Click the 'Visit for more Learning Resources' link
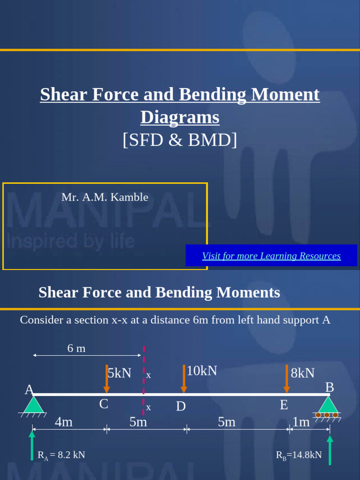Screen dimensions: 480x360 coord(271,256)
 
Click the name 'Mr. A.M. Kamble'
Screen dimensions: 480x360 coord(105,197)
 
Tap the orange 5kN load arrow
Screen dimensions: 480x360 coord(107,379)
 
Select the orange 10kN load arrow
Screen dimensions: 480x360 coord(184,379)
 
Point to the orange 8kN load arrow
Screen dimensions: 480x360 coord(286,379)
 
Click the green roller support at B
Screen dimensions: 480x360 coord(328,406)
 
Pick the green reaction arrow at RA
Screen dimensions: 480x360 coord(32,445)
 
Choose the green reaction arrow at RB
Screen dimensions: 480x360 coord(330,450)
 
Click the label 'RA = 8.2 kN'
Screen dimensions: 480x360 coord(61,455)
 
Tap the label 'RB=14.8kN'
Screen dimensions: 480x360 coord(299,455)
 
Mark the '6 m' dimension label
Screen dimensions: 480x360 coord(76,348)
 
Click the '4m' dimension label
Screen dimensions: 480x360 coord(64,422)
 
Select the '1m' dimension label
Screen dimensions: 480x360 coord(301,422)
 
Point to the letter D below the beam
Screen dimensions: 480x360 coord(181,406)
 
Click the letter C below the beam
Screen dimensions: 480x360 coord(104,404)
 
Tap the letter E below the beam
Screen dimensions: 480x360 coord(284,405)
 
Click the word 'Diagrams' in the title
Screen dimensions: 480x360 coord(180,117)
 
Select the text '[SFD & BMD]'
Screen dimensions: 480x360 coord(180,140)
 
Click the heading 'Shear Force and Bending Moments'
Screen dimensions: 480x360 coord(159,292)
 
